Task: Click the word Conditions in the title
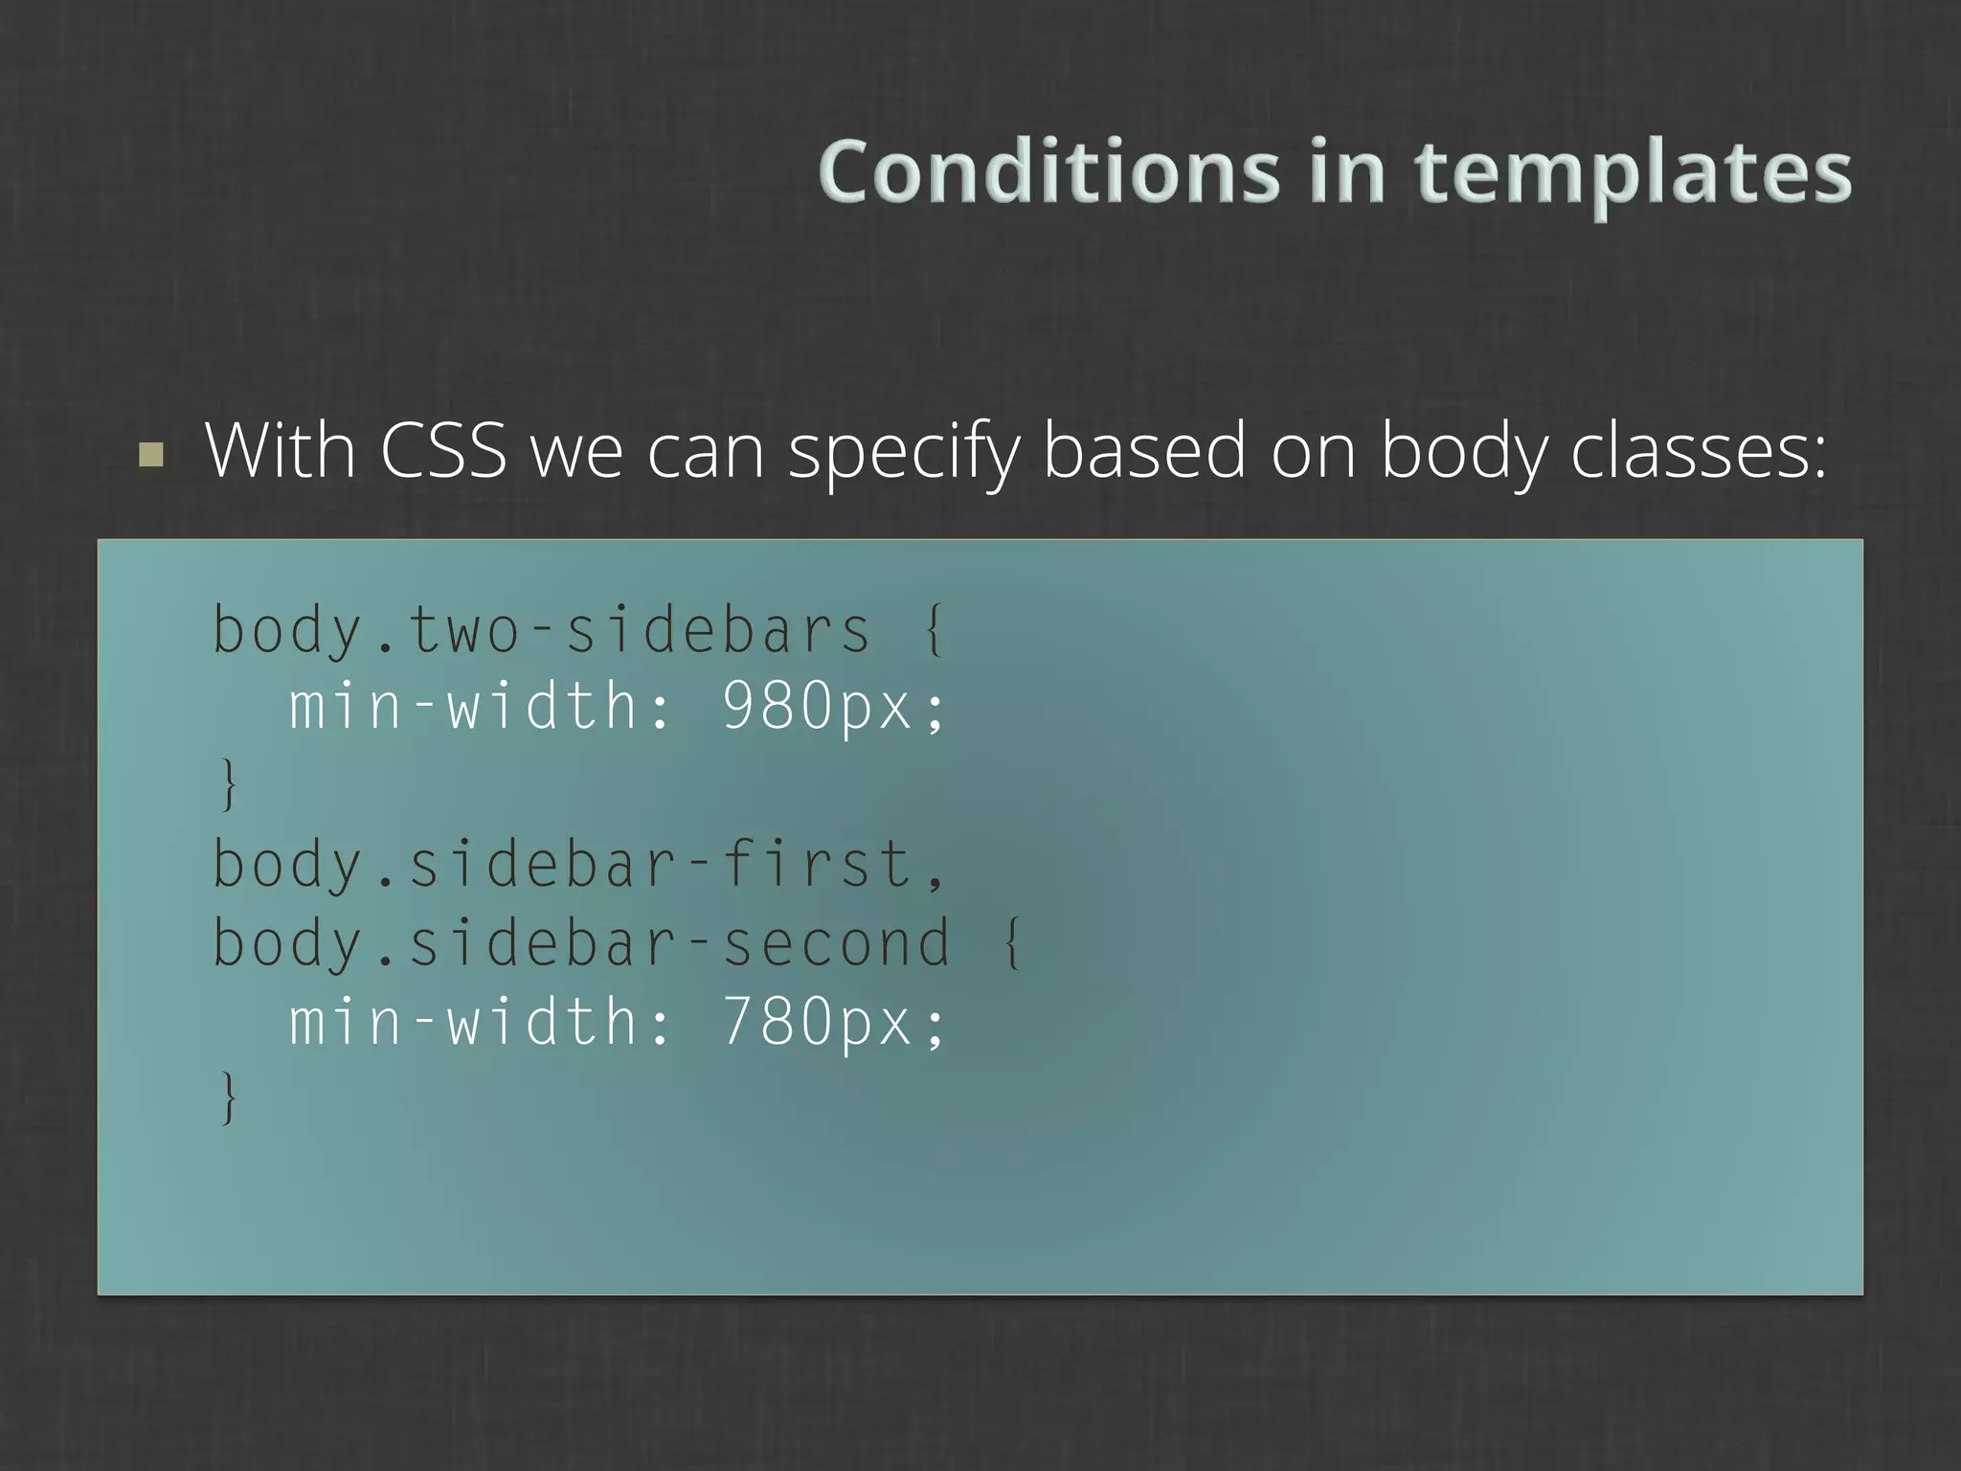(x=1048, y=172)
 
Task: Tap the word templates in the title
(x=1633, y=175)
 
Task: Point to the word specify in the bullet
(x=903, y=452)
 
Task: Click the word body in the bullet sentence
(x=1463, y=452)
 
